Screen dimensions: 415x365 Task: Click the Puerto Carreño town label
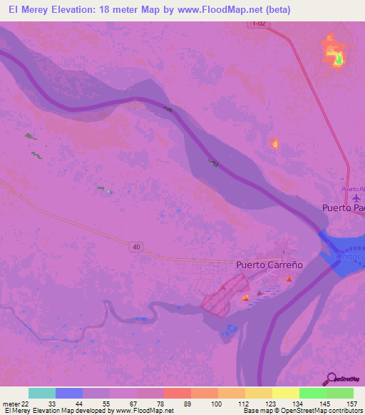[x=270, y=265]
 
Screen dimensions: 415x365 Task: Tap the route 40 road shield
[x=135, y=247]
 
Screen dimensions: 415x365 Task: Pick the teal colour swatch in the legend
[x=42, y=393]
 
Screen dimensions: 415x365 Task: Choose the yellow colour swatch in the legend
[x=286, y=393]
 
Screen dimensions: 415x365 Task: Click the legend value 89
[x=186, y=404]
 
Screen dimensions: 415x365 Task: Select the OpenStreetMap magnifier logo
[x=331, y=378]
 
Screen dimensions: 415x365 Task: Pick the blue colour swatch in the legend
[x=69, y=393]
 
